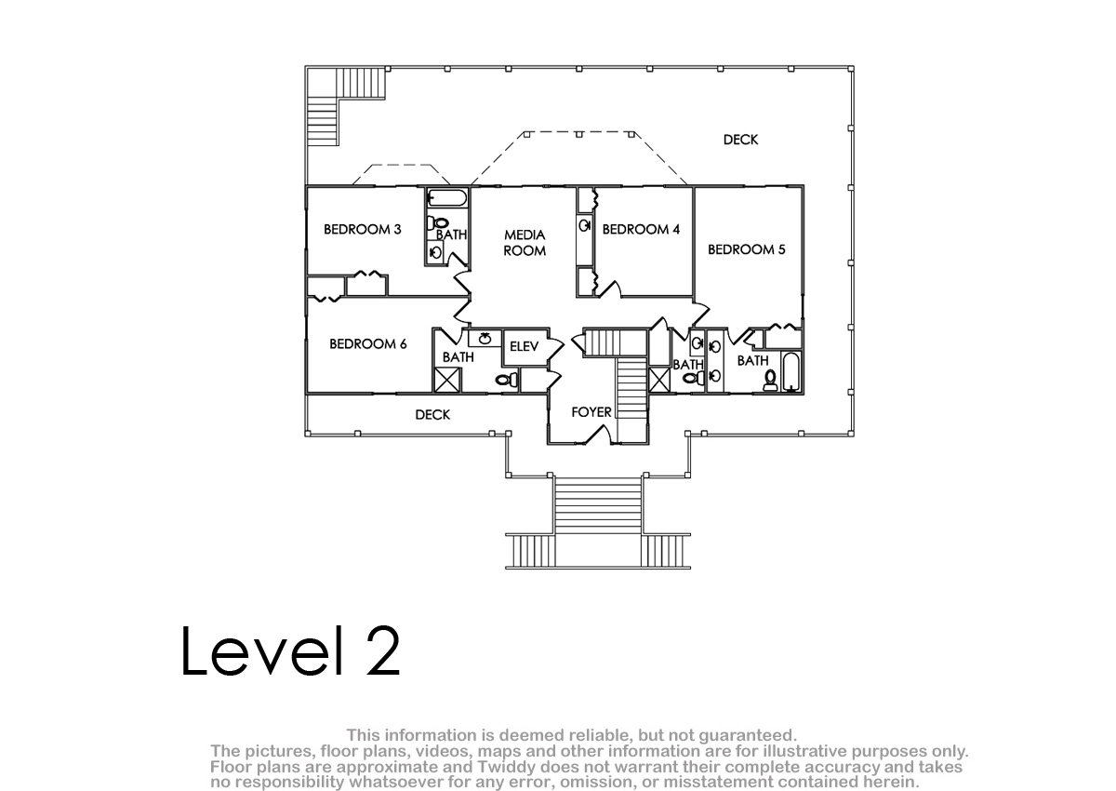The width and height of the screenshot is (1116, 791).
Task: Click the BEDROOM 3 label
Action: click(362, 229)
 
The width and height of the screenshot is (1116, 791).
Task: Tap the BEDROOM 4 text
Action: click(641, 229)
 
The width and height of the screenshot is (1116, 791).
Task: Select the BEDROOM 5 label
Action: click(746, 249)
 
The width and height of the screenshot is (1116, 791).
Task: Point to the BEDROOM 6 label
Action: click(367, 344)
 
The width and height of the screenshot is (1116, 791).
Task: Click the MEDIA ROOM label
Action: click(525, 243)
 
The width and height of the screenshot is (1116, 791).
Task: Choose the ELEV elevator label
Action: click(525, 346)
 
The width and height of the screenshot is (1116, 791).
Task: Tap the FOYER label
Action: click(591, 412)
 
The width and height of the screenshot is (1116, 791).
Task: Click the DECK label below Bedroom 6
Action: click(432, 415)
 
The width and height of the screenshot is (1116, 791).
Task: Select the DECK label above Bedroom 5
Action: click(741, 140)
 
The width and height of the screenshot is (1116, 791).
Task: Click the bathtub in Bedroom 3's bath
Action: click(447, 198)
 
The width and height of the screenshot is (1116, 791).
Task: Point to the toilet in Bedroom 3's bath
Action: click(437, 223)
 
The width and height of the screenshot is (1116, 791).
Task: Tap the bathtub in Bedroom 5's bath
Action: click(790, 372)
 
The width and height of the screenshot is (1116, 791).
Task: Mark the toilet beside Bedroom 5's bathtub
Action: click(770, 381)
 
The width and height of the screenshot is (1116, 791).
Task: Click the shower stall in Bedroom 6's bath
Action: click(447, 381)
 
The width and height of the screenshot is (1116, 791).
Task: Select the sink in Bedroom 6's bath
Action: click(485, 339)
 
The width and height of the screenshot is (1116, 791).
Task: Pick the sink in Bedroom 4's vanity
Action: click(584, 226)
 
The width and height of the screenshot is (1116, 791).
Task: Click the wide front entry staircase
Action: click(598, 505)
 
